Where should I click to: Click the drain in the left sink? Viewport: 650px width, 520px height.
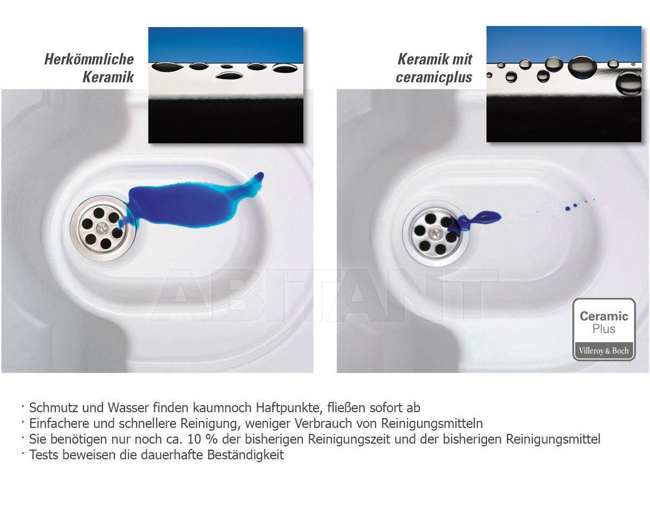[x=103, y=228]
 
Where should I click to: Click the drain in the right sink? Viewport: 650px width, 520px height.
[x=436, y=233]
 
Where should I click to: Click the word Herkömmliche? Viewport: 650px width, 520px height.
[x=89, y=59]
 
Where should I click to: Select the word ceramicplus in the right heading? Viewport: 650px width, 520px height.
[x=434, y=77]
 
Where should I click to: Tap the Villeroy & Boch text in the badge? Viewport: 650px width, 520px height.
[x=603, y=351]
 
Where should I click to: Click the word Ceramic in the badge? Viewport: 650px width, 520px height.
[x=604, y=316]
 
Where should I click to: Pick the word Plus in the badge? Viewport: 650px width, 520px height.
[x=604, y=329]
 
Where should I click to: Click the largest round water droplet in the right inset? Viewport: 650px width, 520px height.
[x=582, y=67]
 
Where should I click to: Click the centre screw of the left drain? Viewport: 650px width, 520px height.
[x=102, y=227]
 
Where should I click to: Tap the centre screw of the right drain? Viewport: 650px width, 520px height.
[x=435, y=233]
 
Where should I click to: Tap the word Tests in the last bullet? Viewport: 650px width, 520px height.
[x=44, y=455]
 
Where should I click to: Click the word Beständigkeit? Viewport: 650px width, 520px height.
[x=245, y=455]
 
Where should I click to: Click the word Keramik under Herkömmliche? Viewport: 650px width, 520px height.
[x=108, y=77]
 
